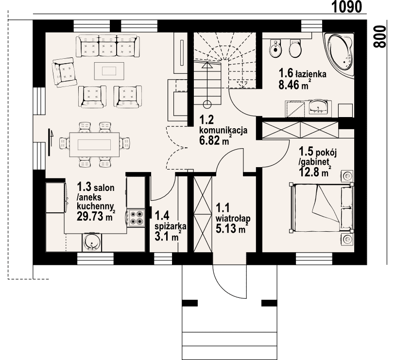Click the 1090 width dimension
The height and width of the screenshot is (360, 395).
click(x=346, y=7)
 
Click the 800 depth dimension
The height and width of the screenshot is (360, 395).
click(x=379, y=36)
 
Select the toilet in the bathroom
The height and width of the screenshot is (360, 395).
click(x=295, y=48)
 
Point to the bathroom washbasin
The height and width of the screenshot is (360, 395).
click(x=318, y=108)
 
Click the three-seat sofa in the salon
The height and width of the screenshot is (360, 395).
click(x=108, y=46)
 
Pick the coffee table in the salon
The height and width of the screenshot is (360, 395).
click(x=109, y=71)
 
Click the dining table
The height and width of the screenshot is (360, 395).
click(x=94, y=145)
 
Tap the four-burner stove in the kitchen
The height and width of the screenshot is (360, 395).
click(x=136, y=218)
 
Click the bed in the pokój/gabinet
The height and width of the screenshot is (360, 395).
click(x=322, y=207)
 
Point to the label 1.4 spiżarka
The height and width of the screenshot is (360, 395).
click(x=171, y=221)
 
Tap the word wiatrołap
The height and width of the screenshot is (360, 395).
click(x=233, y=218)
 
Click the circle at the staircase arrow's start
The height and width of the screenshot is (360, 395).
click(x=207, y=104)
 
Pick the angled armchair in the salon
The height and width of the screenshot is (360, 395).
click(x=64, y=72)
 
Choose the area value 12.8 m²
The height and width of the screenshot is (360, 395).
click(x=315, y=172)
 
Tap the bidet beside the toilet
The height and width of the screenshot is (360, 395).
click(x=275, y=49)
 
